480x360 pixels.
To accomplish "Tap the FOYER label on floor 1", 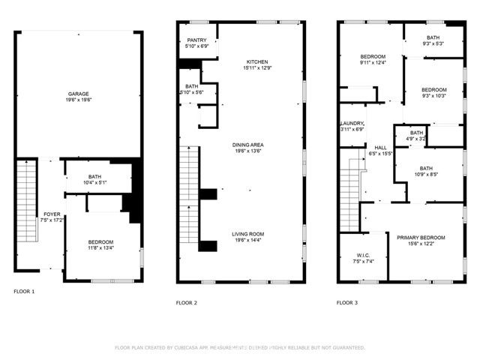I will (52, 214).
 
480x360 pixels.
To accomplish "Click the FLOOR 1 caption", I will (24, 290).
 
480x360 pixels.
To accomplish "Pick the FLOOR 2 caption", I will (186, 302).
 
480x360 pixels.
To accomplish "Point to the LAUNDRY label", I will (352, 123).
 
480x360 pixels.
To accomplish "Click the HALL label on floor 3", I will (381, 147).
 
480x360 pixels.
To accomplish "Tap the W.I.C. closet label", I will (356, 254).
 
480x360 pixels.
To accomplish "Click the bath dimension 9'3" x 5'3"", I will (433, 44).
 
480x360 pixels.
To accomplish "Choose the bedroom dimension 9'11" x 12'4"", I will (373, 62).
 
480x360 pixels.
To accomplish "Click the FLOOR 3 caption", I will (347, 302).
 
